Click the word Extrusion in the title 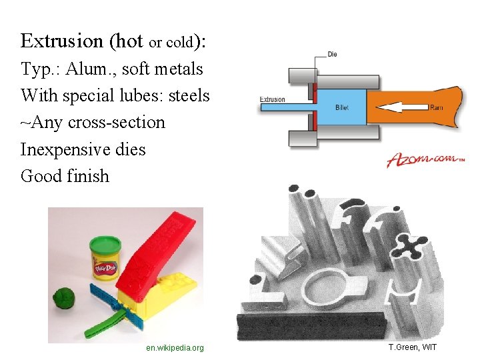click(x=62, y=41)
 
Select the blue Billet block click(x=341, y=107)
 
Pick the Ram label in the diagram click(x=437, y=107)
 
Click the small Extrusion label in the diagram click(x=272, y=100)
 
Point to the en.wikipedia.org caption click(x=175, y=348)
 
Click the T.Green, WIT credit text click(x=413, y=347)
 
